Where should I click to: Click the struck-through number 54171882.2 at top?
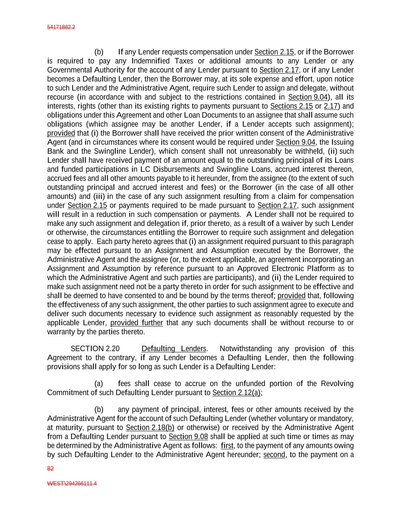61,27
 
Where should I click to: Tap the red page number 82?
50,469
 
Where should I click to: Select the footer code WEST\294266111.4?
72,484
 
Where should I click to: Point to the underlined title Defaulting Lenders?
174,349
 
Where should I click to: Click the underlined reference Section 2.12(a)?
236,392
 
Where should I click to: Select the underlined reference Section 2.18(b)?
150,428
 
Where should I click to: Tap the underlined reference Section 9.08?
188,437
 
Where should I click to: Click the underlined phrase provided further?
136,323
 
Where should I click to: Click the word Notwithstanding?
246,349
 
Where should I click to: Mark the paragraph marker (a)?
98,384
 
